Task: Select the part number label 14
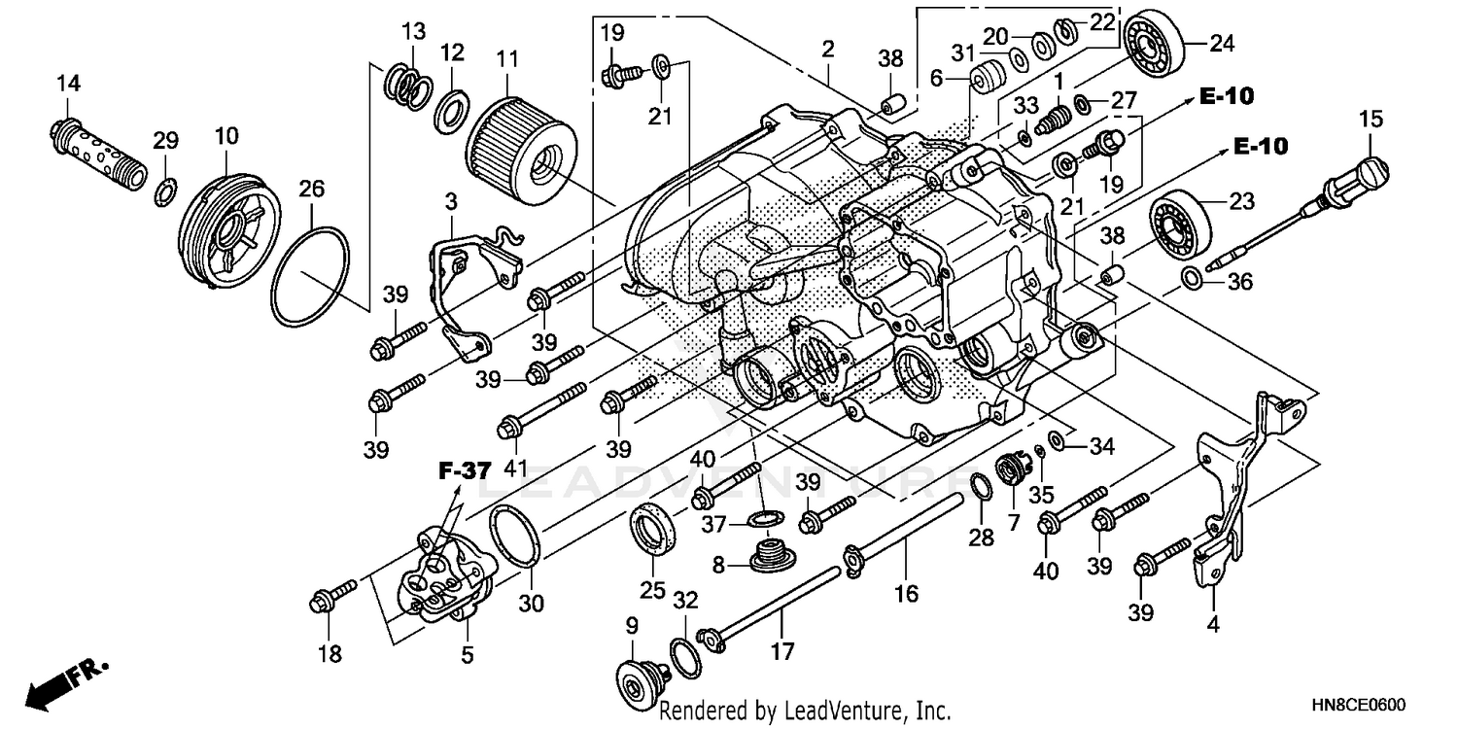click(x=67, y=84)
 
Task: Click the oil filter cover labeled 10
click(x=229, y=229)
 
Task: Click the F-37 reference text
click(x=465, y=471)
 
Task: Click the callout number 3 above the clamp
click(x=451, y=201)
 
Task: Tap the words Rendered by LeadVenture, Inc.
click(x=805, y=711)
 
